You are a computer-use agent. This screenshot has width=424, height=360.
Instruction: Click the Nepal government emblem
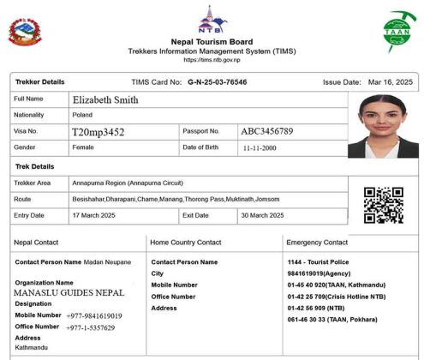point(24,33)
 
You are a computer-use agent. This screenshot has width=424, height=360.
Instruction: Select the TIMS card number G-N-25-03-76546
point(217,82)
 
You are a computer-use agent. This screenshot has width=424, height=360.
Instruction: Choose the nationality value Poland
point(83,115)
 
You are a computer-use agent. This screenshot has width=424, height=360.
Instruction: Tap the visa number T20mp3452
point(99,132)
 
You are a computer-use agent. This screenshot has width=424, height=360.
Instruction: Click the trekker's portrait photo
point(383,125)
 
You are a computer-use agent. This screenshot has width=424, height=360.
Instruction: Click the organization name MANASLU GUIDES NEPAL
point(69,292)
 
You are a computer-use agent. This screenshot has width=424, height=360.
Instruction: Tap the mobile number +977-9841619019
point(94,315)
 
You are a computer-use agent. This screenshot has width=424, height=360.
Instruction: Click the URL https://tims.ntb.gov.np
point(212,60)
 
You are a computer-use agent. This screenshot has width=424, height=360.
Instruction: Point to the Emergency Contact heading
point(317,243)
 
